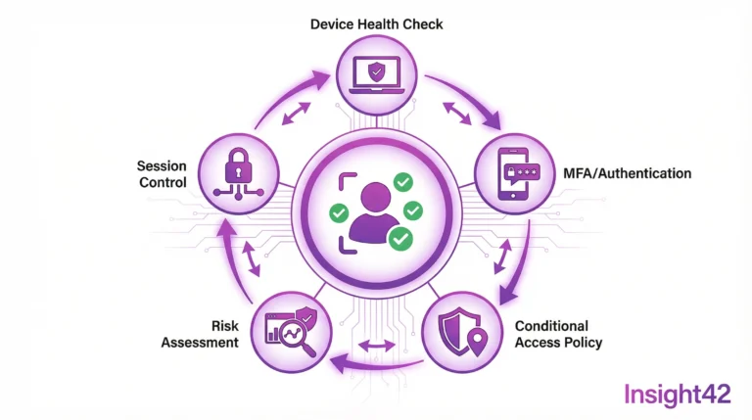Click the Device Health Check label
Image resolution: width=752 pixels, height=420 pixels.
pyautogui.click(x=376, y=23)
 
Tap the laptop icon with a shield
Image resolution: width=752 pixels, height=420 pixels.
pyautogui.click(x=376, y=75)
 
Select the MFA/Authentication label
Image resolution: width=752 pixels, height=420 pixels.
pyautogui.click(x=628, y=173)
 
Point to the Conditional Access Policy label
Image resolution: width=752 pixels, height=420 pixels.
pyautogui.click(x=559, y=334)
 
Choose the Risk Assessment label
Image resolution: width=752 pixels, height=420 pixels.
pyautogui.click(x=200, y=334)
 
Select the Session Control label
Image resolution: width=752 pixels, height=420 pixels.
pyautogui.click(x=163, y=174)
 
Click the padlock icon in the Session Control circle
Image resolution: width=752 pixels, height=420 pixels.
pyautogui.click(x=238, y=165)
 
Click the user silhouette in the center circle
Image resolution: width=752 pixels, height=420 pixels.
pyautogui.click(x=374, y=212)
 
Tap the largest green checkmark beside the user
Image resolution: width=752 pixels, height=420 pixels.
pyautogui.click(x=400, y=238)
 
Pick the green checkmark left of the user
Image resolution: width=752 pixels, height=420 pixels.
pyautogui.click(x=339, y=212)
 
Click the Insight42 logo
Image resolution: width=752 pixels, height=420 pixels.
pyautogui.click(x=678, y=396)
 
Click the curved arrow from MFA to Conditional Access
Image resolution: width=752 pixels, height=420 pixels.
pyautogui.click(x=524, y=262)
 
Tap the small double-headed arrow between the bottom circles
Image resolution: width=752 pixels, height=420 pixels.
pyautogui.click(x=377, y=345)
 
